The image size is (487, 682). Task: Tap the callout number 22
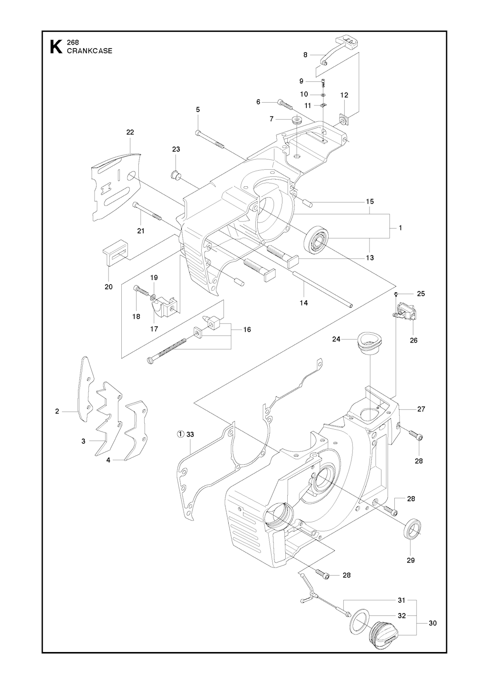coord(130,132)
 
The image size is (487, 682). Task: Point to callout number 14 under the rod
coord(304,303)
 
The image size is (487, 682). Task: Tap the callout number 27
coord(421,409)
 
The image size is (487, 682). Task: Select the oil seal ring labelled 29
coord(413,530)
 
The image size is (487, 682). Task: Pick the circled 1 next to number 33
coord(181,434)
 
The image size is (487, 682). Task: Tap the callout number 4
coord(108,460)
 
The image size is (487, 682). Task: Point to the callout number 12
coord(344,95)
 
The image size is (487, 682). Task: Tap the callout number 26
coord(414,340)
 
